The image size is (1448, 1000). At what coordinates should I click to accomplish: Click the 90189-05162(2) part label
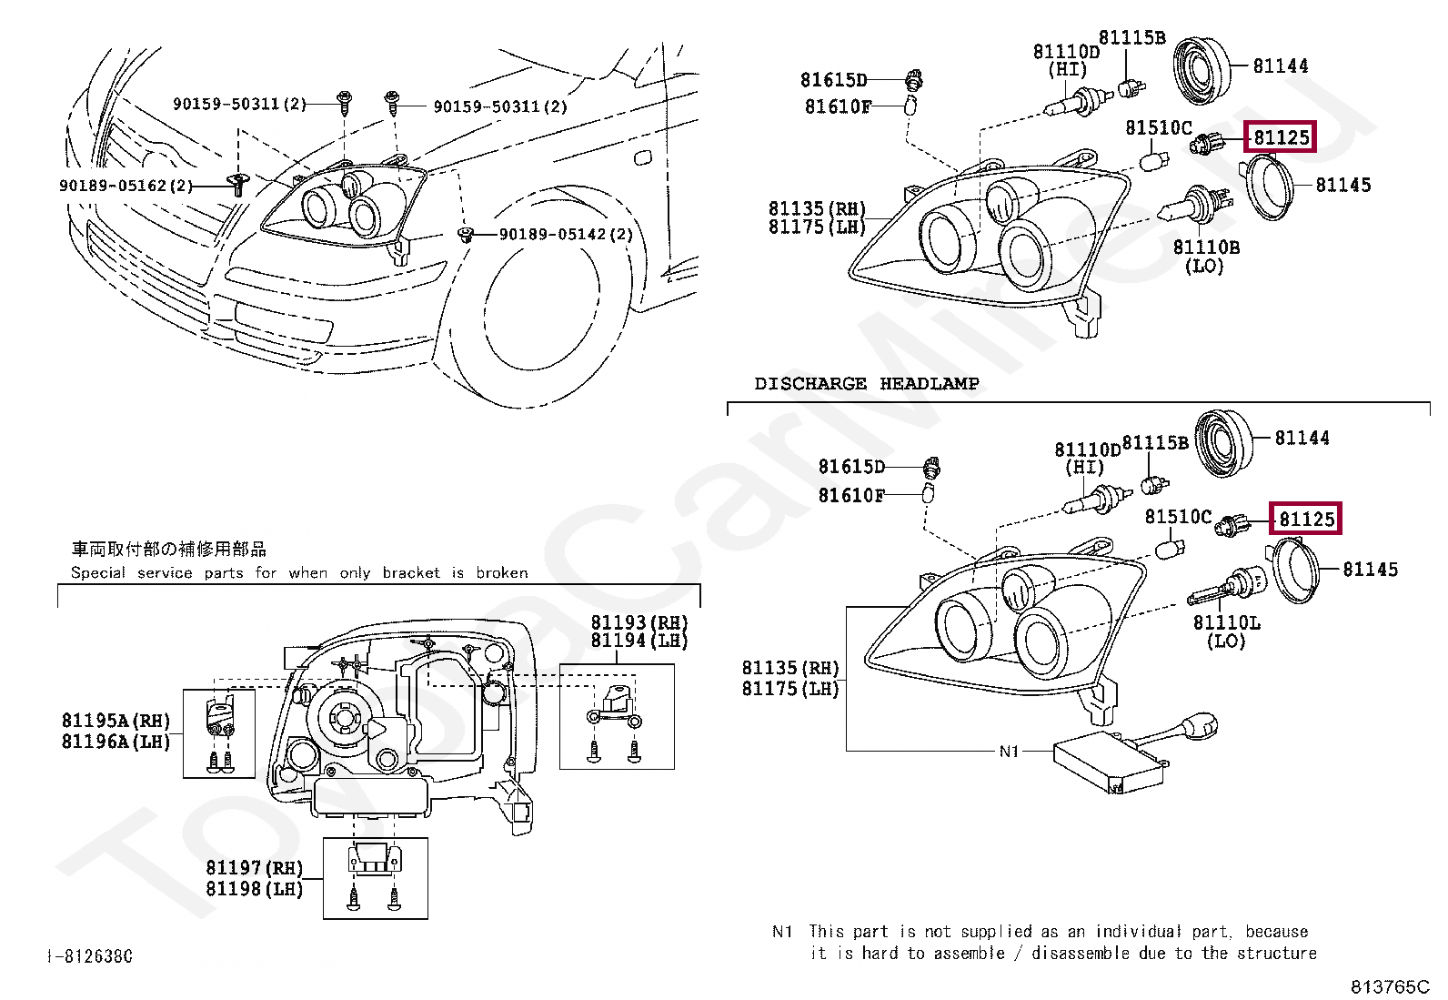[126, 186]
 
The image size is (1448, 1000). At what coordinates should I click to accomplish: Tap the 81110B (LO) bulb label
[1206, 256]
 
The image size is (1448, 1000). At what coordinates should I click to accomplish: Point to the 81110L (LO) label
[1226, 631]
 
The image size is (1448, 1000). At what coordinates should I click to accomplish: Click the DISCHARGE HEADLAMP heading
[866, 384]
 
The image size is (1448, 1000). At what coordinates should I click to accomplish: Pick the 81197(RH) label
[254, 869]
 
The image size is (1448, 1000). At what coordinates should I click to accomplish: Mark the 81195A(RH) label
[116, 721]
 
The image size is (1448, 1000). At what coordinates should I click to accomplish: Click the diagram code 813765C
[1389, 986]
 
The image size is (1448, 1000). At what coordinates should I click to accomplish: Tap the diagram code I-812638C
[89, 956]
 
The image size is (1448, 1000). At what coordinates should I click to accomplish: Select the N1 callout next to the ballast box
[1009, 752]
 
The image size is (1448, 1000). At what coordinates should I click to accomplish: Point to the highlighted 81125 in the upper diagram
[1282, 137]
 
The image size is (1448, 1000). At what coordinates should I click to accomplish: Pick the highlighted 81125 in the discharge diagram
[1306, 519]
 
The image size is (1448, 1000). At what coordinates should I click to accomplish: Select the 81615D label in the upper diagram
[833, 81]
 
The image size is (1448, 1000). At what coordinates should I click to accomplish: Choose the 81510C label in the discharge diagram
[1178, 517]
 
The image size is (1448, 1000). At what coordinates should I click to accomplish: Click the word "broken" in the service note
[501, 573]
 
